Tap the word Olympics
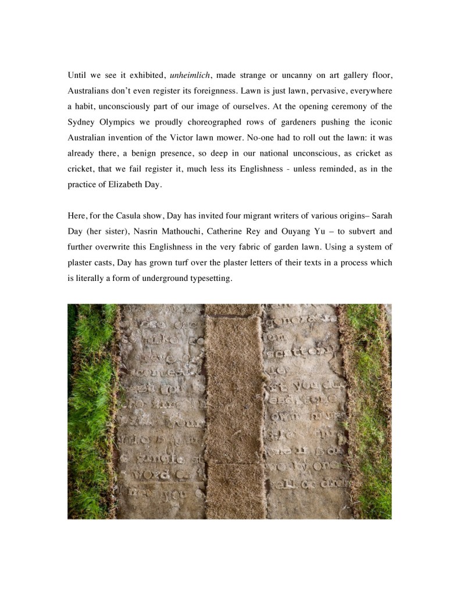click(x=118, y=122)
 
